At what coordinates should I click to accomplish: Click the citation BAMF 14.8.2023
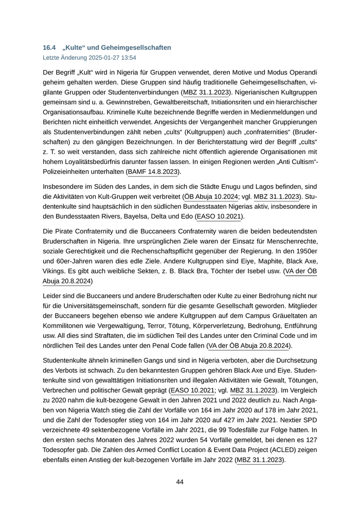153,172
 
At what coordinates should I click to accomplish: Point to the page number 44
180,482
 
